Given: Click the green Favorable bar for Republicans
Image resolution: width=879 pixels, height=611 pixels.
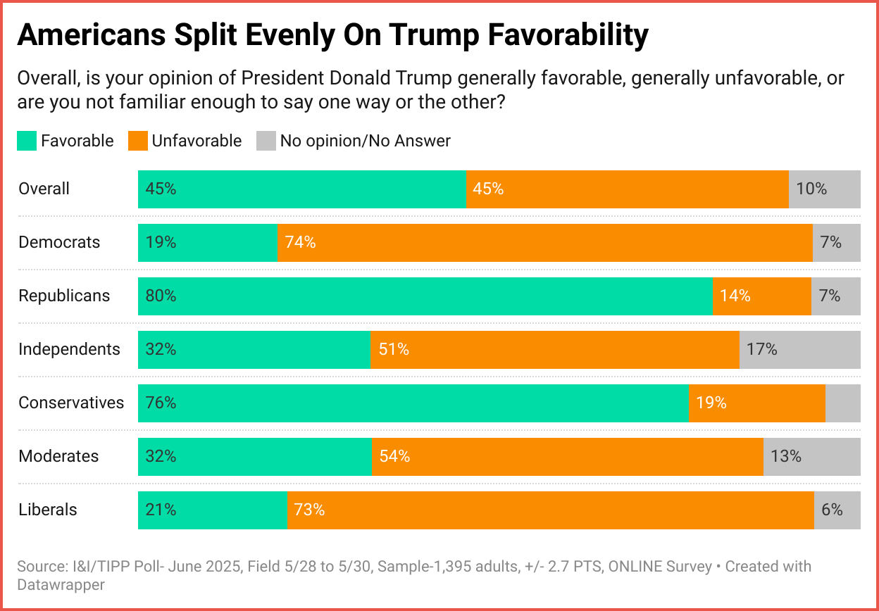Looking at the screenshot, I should [x=425, y=296].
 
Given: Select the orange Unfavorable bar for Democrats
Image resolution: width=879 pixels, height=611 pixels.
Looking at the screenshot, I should [x=544, y=243].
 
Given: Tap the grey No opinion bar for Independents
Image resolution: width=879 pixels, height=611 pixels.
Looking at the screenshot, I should [x=799, y=350].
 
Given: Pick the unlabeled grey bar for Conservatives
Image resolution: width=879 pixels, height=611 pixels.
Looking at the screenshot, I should [x=842, y=403].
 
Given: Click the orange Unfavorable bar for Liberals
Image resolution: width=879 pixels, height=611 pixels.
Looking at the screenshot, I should [x=550, y=510].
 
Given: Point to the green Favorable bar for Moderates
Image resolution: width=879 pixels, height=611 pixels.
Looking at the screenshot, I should [x=254, y=457].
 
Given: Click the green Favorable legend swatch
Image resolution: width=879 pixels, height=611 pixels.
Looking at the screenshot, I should [x=27, y=141].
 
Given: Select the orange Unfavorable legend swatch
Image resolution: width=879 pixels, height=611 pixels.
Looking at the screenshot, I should [x=137, y=141].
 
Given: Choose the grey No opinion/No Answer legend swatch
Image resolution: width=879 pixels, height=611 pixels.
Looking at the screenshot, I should [x=266, y=141].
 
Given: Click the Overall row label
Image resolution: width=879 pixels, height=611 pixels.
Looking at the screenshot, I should [x=44, y=189].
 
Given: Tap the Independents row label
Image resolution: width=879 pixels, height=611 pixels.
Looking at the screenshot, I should [x=69, y=349].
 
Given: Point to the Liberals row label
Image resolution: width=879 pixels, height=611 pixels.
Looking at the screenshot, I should [x=48, y=510].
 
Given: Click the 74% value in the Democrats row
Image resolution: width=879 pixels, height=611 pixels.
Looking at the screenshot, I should [x=301, y=243].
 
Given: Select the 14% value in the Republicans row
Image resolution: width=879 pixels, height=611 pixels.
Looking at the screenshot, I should [x=735, y=296].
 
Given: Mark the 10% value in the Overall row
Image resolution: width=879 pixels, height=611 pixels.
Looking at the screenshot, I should [x=811, y=189].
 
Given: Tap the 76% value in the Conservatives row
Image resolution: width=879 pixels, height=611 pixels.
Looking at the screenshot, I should [x=161, y=403].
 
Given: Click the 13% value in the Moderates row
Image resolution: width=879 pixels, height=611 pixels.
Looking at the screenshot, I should [x=786, y=457].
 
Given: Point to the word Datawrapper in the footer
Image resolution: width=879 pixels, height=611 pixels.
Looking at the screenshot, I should [x=61, y=584].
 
